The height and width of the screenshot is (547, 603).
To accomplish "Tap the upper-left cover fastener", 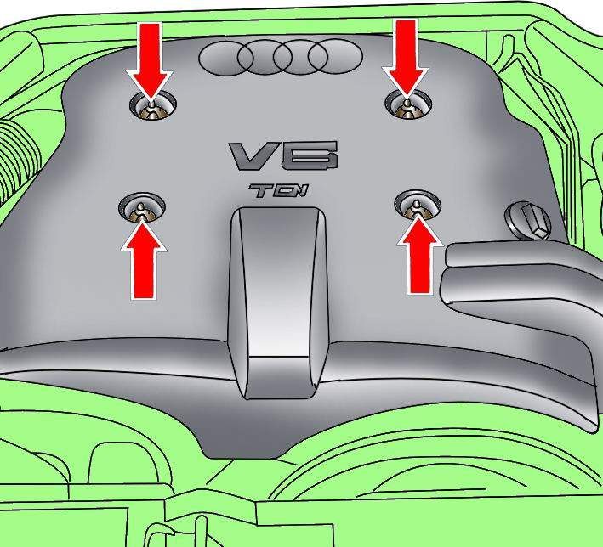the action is pos(153,104).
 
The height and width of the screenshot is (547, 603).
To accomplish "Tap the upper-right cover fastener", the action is pos(408,104).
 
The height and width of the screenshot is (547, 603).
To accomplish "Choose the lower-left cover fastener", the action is pos(142,207).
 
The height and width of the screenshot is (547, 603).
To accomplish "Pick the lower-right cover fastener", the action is pos(418,205).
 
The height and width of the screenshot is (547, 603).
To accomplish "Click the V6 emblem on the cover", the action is pos(284,155).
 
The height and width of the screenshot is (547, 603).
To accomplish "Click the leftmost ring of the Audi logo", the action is pos(226,58).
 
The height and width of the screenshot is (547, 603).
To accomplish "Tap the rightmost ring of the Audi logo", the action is pos(335,56).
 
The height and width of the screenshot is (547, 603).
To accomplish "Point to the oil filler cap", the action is pos(528,221).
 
